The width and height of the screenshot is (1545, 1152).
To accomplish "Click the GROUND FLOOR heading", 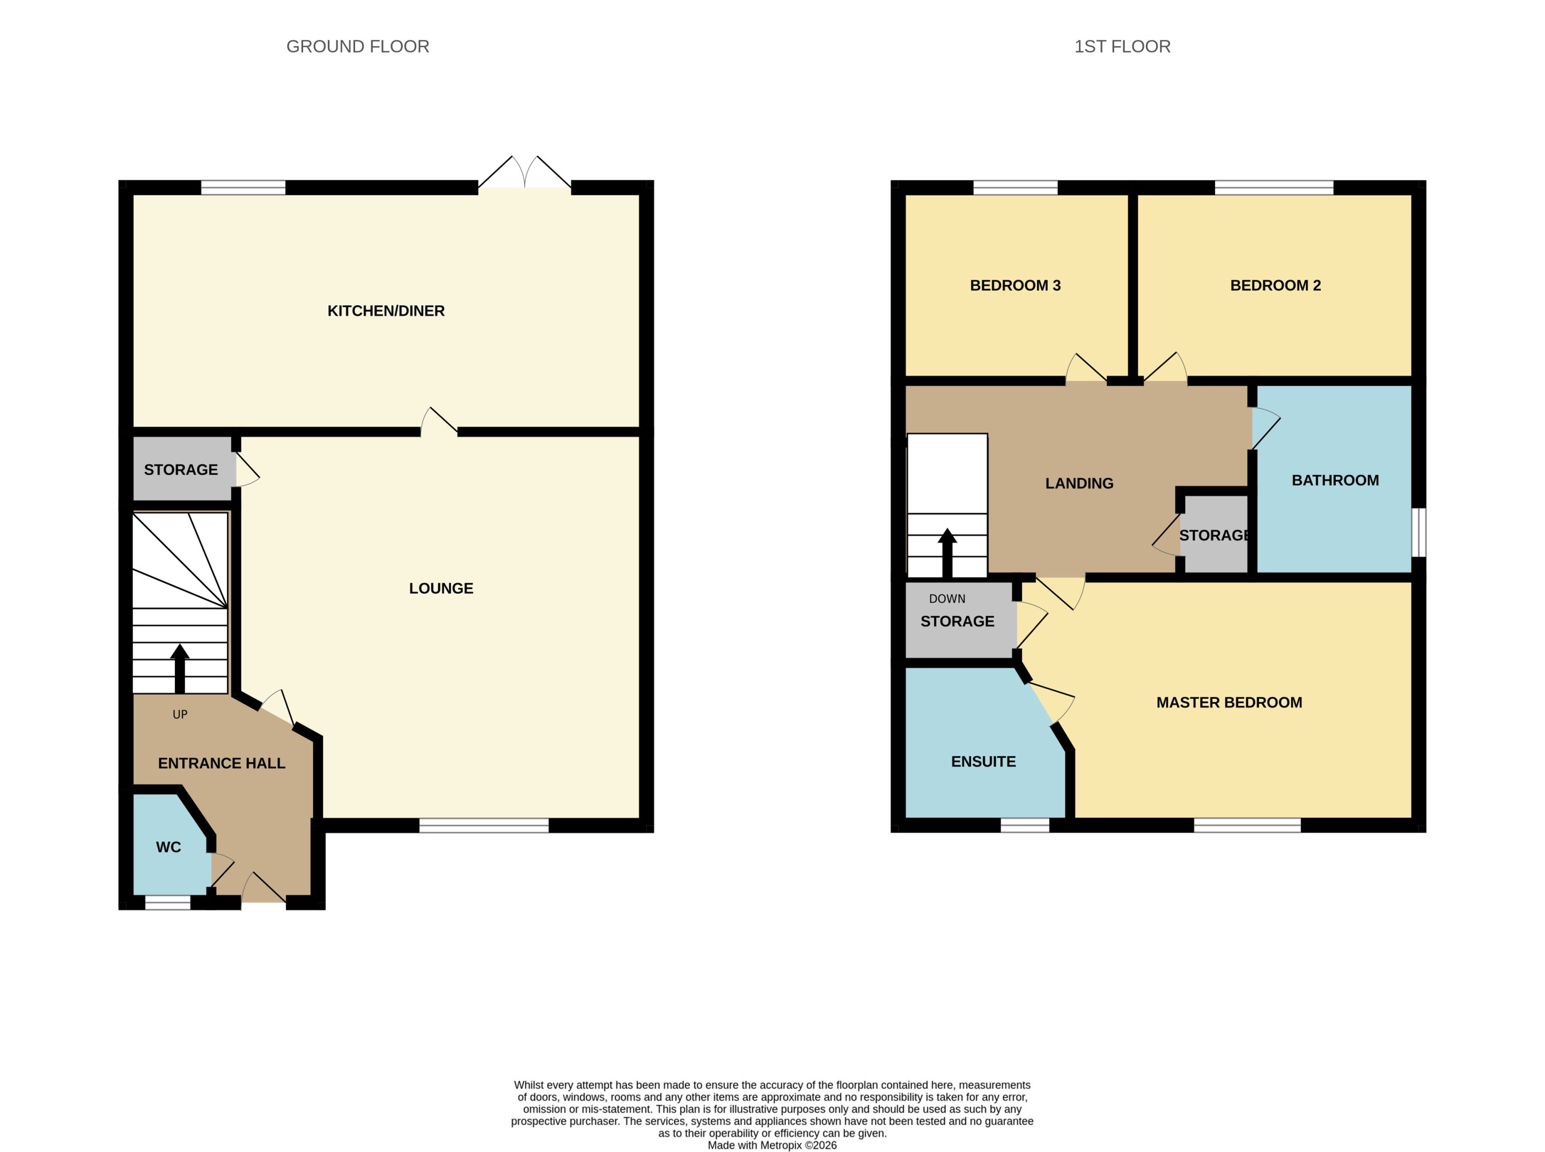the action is click(x=358, y=47).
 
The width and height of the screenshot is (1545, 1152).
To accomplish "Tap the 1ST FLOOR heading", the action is click(x=1122, y=47).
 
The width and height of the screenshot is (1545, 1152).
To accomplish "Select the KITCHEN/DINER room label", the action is click(x=386, y=311).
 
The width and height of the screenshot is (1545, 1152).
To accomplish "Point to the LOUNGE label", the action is click(x=441, y=588).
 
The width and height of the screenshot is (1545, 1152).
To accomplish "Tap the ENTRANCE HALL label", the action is click(x=222, y=764).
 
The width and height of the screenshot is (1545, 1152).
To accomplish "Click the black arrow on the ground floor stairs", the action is click(x=180, y=668).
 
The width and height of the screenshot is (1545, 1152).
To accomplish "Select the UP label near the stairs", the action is click(x=180, y=715).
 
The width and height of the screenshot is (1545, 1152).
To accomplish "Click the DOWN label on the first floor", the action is click(x=947, y=599).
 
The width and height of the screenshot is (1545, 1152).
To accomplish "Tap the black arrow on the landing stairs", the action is click(x=947, y=553).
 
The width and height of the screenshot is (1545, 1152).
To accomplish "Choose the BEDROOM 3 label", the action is click(x=1015, y=286).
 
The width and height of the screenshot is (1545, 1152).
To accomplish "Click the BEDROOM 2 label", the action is click(x=1275, y=286).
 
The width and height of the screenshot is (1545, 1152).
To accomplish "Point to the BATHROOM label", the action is click(x=1335, y=481).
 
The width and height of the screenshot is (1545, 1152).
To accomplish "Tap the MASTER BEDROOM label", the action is click(x=1229, y=703).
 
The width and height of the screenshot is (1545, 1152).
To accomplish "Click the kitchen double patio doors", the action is click(x=525, y=172).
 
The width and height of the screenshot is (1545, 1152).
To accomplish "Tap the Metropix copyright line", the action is click(x=772, y=1145).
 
